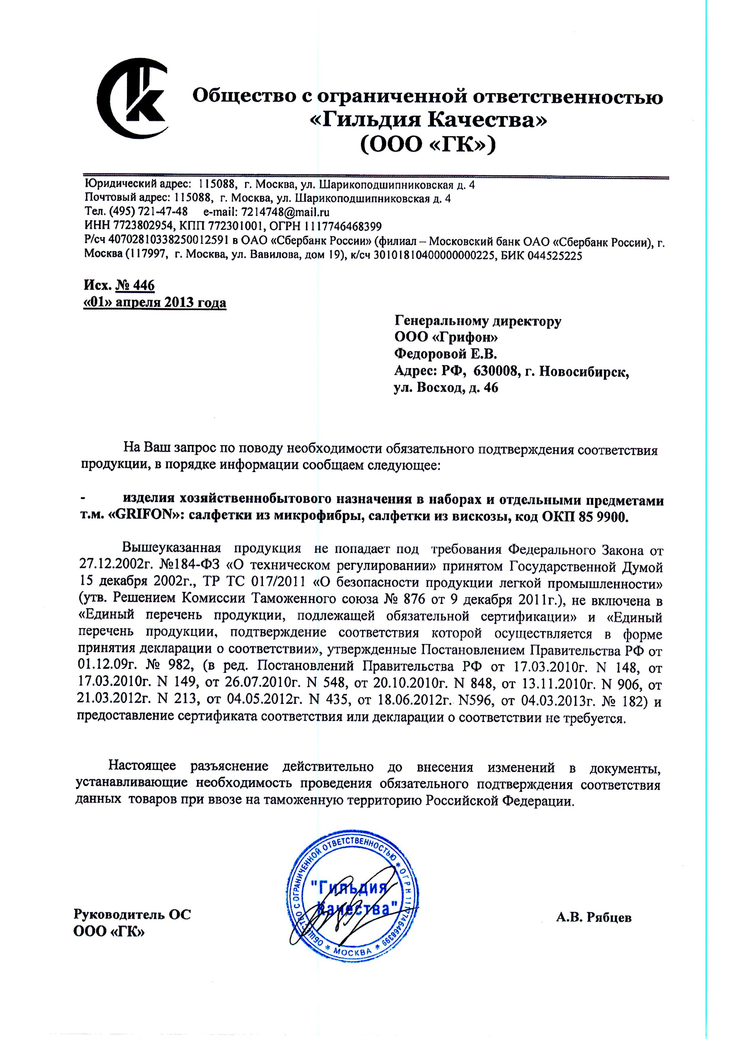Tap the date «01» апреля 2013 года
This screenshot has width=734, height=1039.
(155, 302)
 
